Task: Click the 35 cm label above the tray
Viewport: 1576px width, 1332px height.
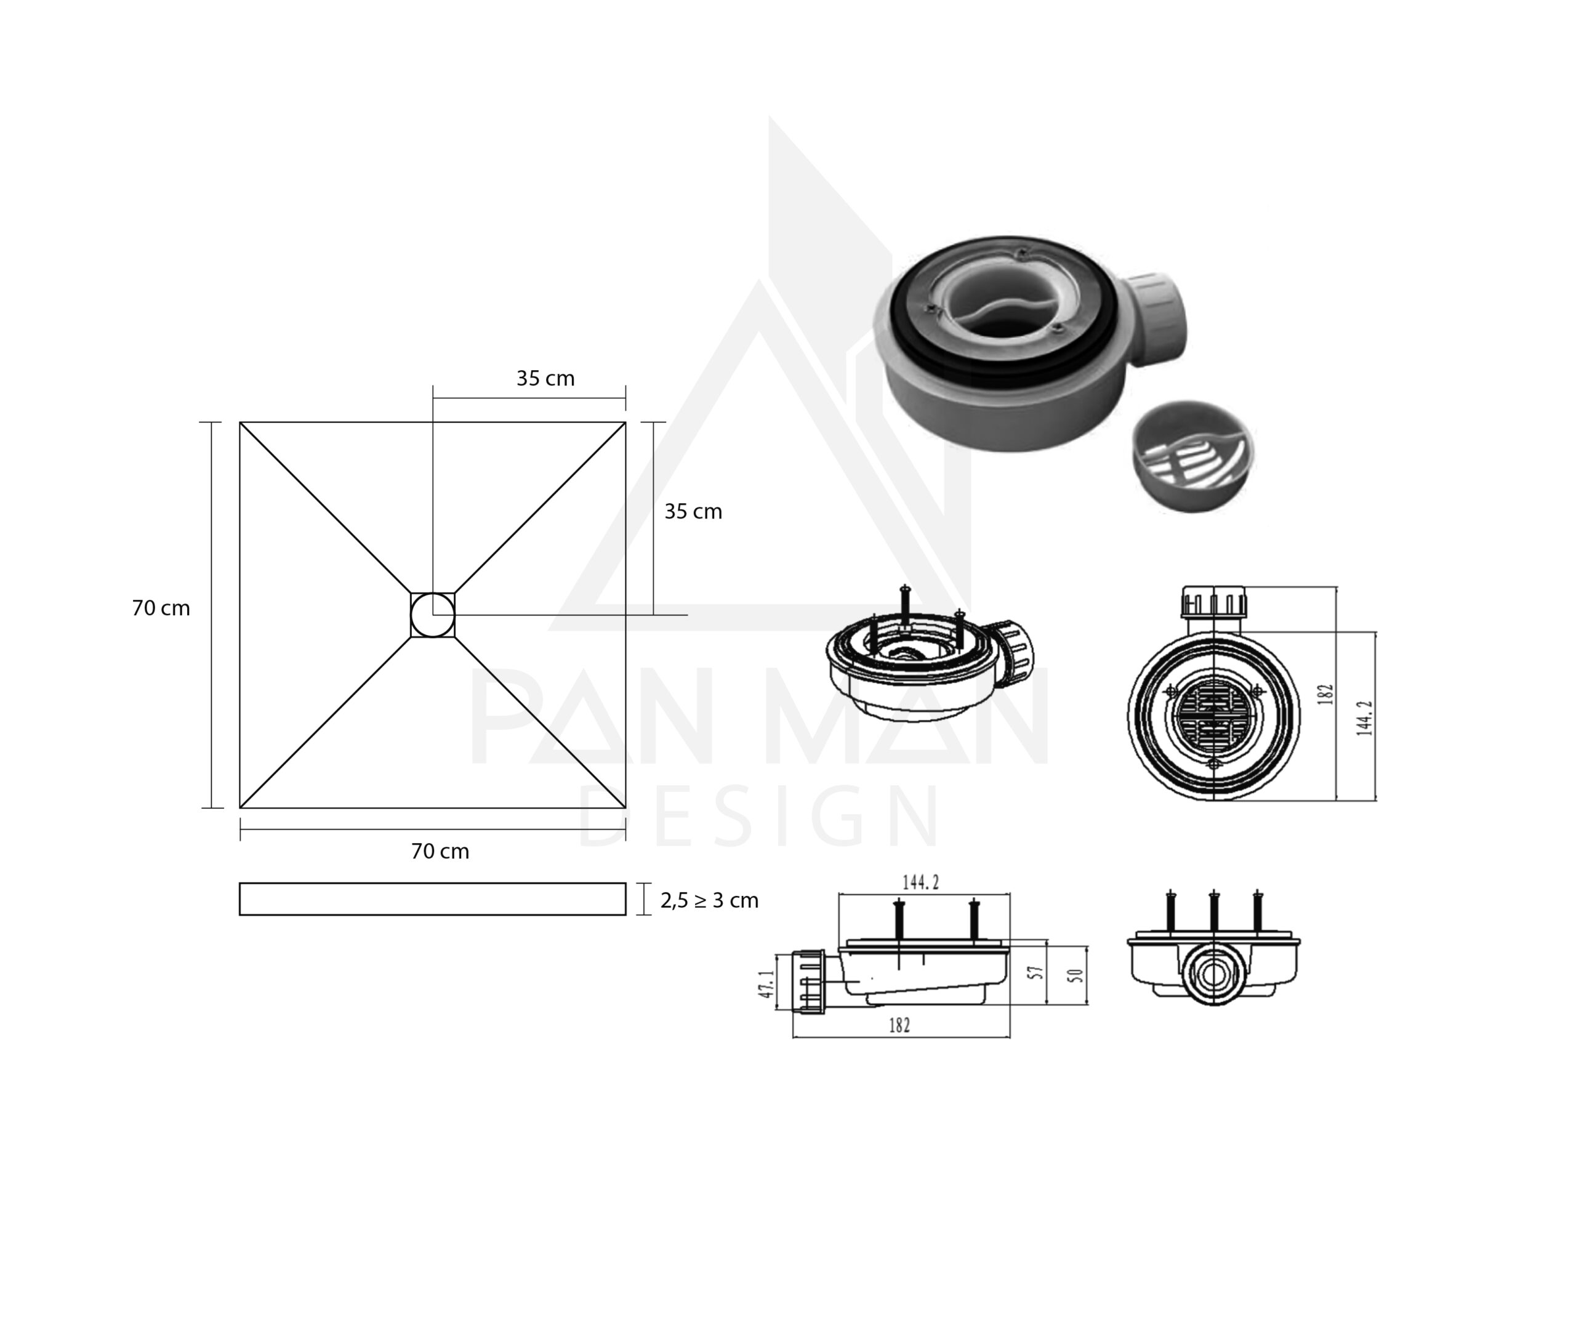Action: click(x=545, y=378)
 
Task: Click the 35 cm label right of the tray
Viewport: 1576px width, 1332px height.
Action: click(x=693, y=511)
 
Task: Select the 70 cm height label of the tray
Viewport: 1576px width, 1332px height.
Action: click(x=161, y=608)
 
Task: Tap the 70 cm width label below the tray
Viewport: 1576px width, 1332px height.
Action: click(x=440, y=851)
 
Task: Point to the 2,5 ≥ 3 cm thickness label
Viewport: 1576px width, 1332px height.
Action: click(x=709, y=900)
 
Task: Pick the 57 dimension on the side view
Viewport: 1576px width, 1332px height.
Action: click(x=1037, y=972)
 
